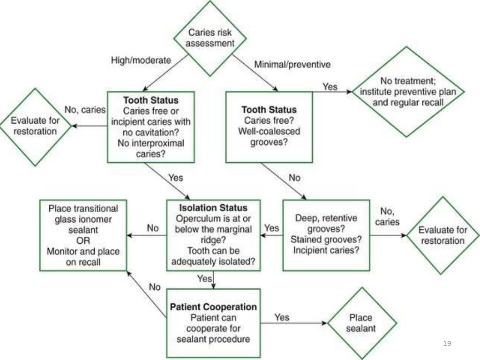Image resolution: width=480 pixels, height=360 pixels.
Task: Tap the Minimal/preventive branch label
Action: [x=292, y=64]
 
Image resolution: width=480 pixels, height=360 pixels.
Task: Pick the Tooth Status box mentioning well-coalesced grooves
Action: [x=269, y=127]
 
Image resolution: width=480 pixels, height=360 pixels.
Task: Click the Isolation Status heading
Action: [x=213, y=207]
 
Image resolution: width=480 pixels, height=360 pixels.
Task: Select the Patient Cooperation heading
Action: [x=213, y=307]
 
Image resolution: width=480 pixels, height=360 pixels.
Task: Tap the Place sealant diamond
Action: [x=361, y=323]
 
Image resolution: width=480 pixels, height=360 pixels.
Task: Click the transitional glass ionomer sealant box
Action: [x=83, y=235]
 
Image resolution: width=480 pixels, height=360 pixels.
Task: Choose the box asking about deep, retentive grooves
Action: [x=326, y=234]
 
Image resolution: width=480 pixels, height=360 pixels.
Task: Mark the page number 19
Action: [x=447, y=344]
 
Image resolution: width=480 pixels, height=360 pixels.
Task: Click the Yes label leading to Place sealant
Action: [x=282, y=317]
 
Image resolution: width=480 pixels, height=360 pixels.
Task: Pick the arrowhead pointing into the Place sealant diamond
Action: [x=324, y=323]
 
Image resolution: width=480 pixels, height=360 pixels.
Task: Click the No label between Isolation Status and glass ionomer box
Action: [x=153, y=228]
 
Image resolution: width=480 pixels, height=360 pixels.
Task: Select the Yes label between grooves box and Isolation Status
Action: [x=272, y=228]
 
